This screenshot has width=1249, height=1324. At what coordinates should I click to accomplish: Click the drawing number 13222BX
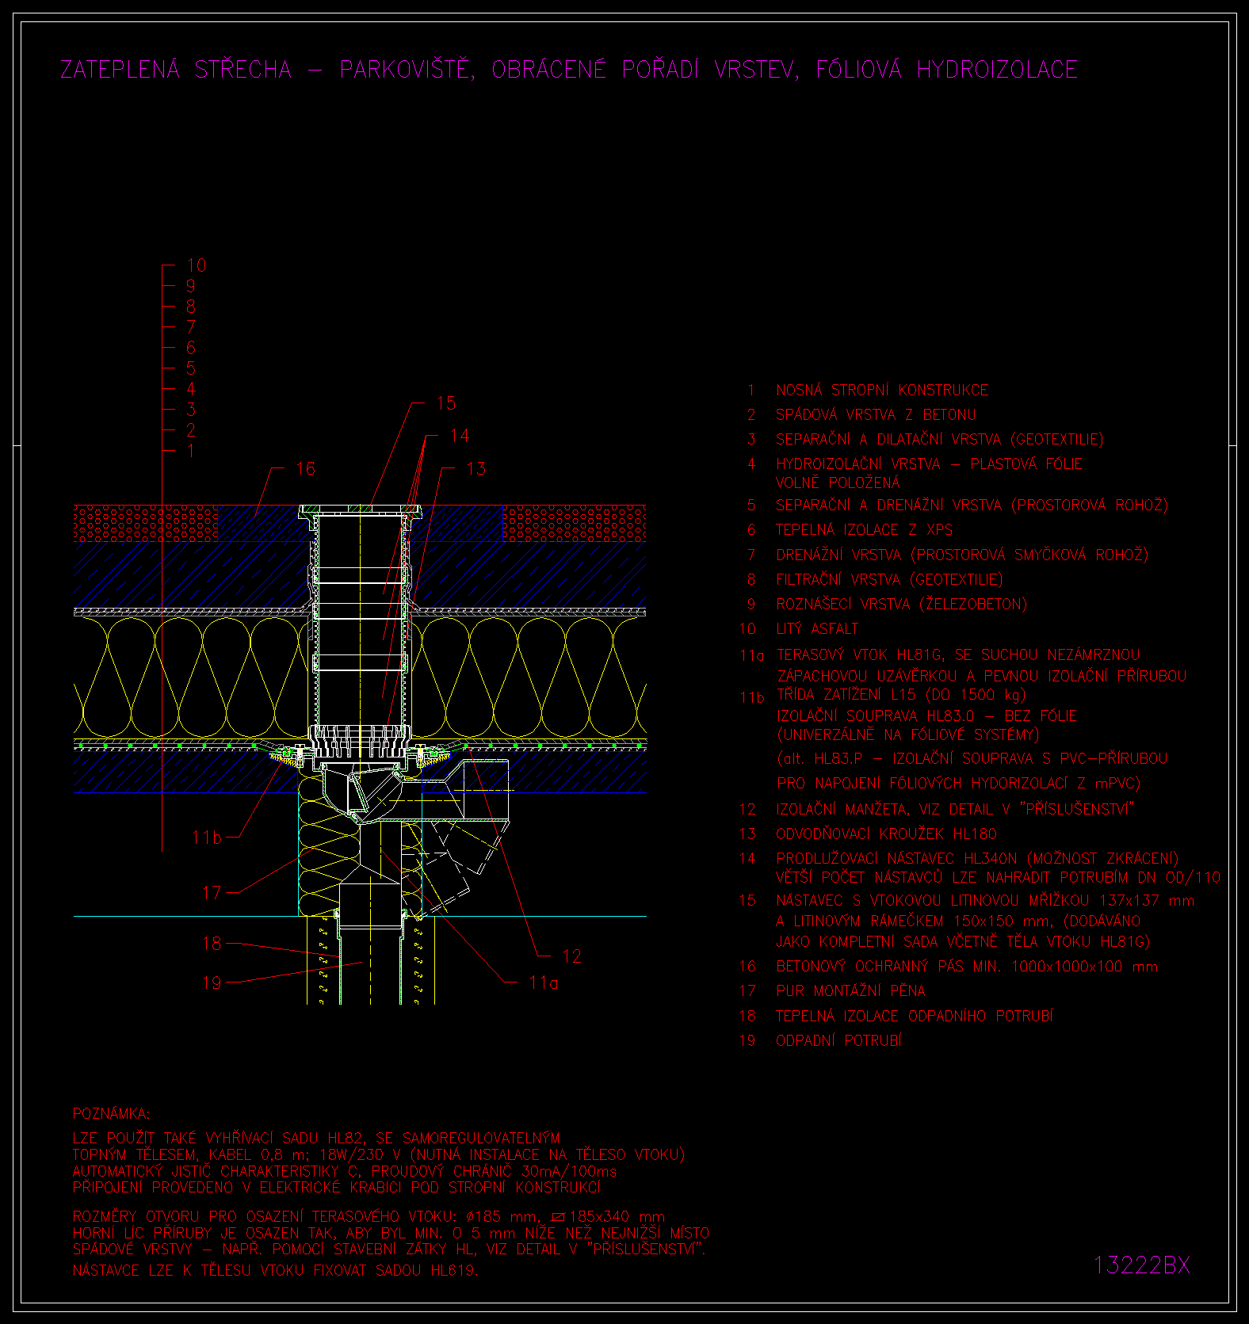(x=1142, y=1265)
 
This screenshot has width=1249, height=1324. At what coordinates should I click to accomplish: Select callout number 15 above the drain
(x=446, y=403)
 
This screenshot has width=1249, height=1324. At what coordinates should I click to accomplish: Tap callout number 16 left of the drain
(x=305, y=468)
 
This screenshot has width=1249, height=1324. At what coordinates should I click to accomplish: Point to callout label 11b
(x=207, y=838)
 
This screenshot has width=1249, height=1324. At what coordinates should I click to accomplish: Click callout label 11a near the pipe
(x=544, y=983)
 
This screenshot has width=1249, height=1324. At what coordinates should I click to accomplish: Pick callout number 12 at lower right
(x=571, y=956)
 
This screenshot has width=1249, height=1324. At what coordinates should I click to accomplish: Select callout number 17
(x=212, y=893)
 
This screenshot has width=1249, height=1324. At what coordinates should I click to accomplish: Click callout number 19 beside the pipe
(x=212, y=983)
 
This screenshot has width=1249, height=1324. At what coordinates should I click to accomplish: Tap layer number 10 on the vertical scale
(x=196, y=265)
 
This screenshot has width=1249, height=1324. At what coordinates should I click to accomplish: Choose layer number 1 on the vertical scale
(x=191, y=451)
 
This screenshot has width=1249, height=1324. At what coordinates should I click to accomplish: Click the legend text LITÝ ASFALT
(x=817, y=628)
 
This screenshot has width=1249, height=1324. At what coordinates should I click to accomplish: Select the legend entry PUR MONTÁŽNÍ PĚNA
(x=850, y=990)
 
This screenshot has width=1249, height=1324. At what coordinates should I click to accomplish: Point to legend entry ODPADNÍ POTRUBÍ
(x=838, y=1040)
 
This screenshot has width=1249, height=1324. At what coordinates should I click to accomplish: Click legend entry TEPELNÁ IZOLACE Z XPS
(x=864, y=529)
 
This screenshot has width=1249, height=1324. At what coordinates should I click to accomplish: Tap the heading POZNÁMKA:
(x=111, y=1114)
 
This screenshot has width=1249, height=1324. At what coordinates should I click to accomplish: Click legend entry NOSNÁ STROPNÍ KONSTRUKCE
(x=882, y=390)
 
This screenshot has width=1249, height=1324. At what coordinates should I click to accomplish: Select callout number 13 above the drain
(x=476, y=468)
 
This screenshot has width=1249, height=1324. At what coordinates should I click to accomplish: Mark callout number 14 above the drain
(x=460, y=436)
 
